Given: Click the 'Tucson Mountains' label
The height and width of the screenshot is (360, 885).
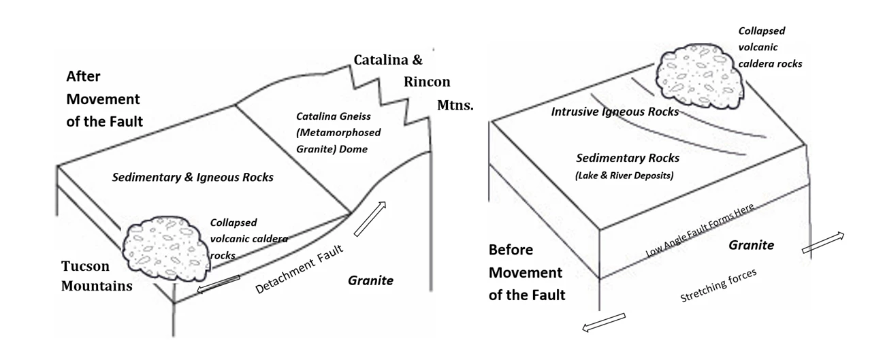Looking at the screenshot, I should click(97, 276).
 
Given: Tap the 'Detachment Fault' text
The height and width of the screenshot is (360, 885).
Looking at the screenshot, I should click(299, 270).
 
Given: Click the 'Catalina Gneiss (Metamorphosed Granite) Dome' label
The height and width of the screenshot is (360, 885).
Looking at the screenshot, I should click(338, 132).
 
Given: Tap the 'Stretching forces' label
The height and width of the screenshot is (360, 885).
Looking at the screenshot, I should click(718, 287).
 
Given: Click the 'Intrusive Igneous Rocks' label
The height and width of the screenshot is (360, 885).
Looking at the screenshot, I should click(615, 112).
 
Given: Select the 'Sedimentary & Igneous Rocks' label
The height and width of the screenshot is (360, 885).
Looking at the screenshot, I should click(193, 178).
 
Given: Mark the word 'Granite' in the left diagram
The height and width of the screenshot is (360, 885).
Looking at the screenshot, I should click(370, 280).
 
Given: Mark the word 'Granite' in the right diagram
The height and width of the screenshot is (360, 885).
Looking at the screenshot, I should click(752, 245).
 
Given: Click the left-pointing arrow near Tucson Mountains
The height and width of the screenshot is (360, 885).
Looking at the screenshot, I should click(218, 285).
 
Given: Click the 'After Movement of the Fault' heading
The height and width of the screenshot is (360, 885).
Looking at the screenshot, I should click(104, 99).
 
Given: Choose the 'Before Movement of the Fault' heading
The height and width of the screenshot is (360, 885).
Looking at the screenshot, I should click(527, 273).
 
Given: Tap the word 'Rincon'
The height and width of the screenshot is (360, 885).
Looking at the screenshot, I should click(426, 82).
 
